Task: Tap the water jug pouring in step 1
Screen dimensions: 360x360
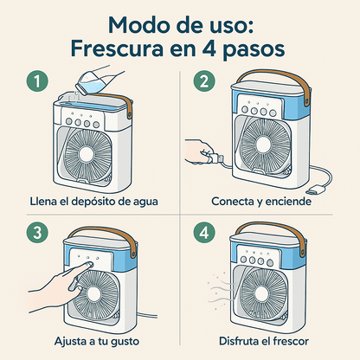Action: tap(93, 80)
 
